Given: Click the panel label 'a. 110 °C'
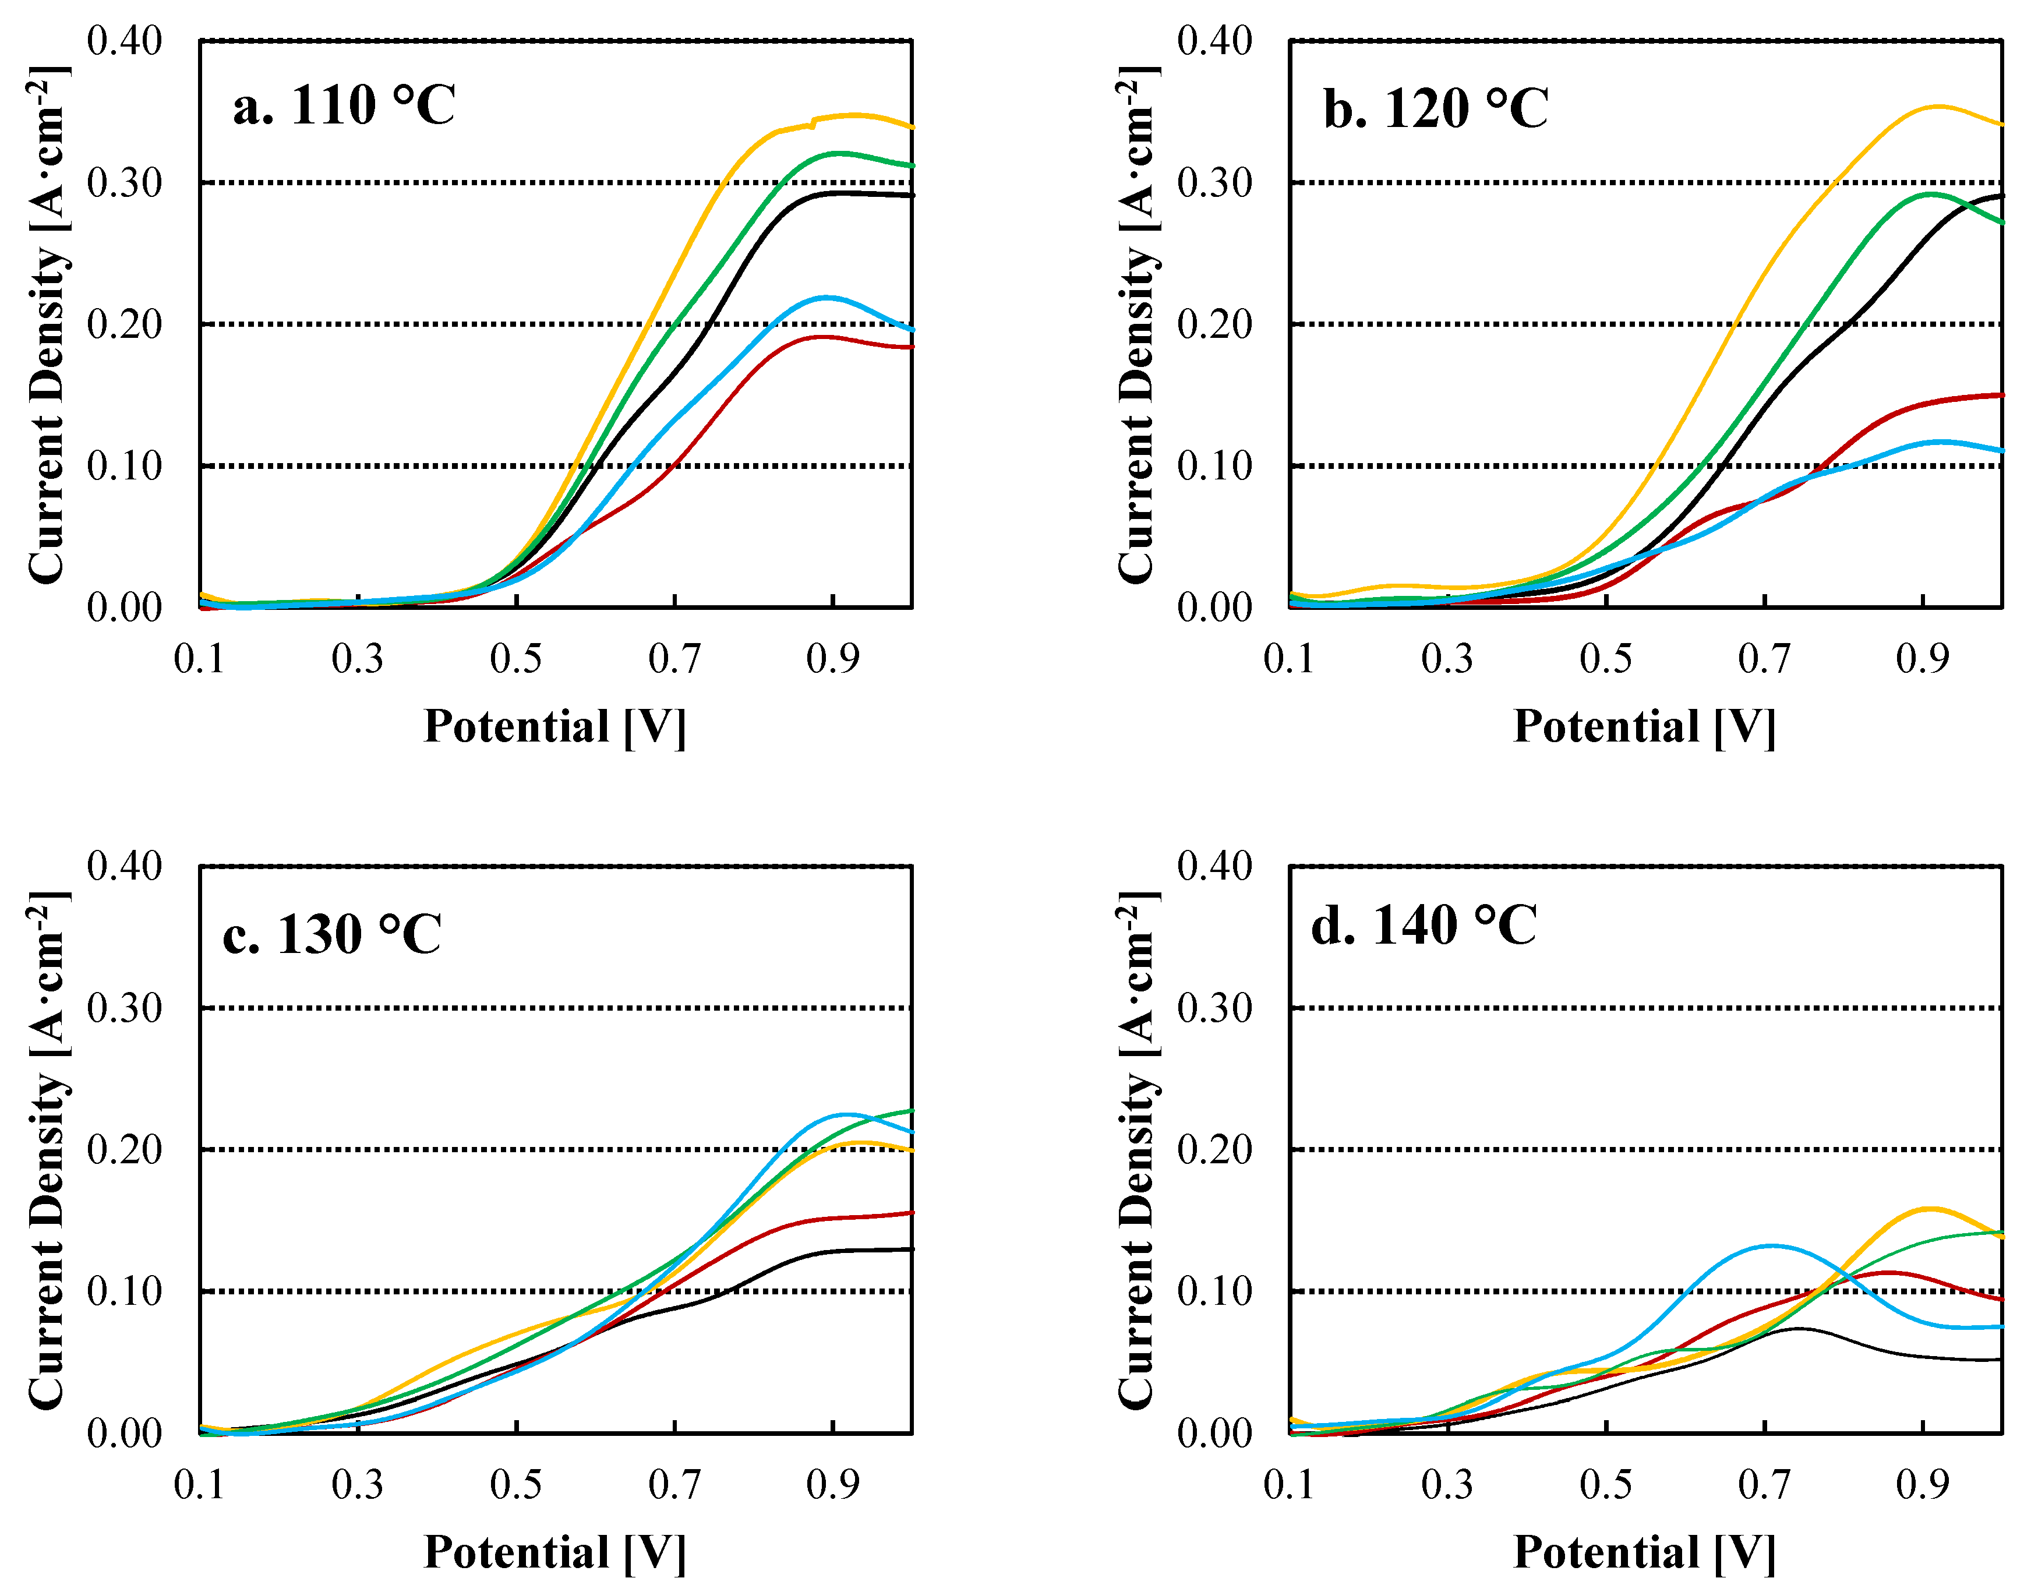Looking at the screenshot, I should pos(344,105).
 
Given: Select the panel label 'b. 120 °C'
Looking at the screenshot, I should pos(1435,109).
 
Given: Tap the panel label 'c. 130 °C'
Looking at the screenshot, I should pos(332,935).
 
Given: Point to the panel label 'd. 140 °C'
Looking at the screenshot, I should pos(1424,926).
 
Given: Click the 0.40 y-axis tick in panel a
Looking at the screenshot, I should pos(124,41).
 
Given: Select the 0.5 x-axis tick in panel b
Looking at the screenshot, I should pos(1605,659).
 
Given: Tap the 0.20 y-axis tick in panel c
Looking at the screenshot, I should pos(124,1149).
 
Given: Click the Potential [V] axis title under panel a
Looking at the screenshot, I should pos(554,726).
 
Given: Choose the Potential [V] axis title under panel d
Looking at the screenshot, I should pos(1644,1552).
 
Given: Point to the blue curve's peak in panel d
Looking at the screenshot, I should pos(1769,1245).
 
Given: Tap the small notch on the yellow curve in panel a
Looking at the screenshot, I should pos(813,123).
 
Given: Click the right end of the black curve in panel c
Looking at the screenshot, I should pos(910,1249).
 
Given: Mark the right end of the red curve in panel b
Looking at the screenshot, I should pos(2000,395).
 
